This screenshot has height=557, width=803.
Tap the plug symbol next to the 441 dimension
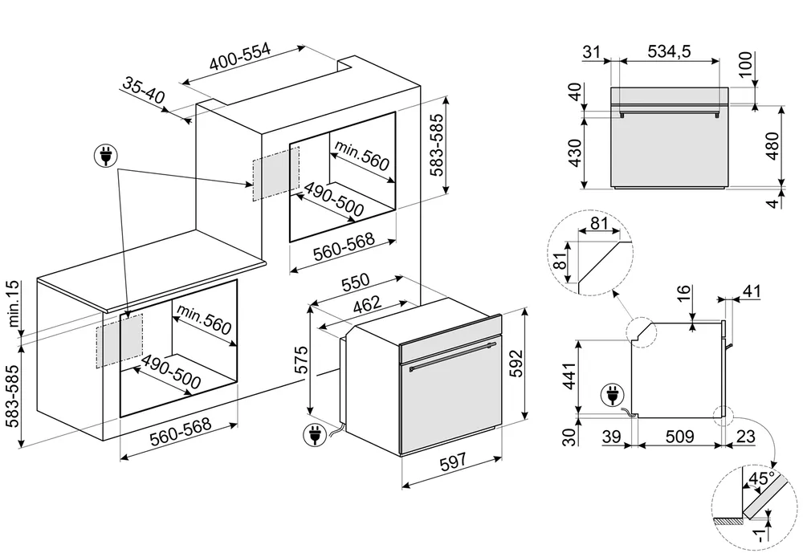[x=611, y=396]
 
